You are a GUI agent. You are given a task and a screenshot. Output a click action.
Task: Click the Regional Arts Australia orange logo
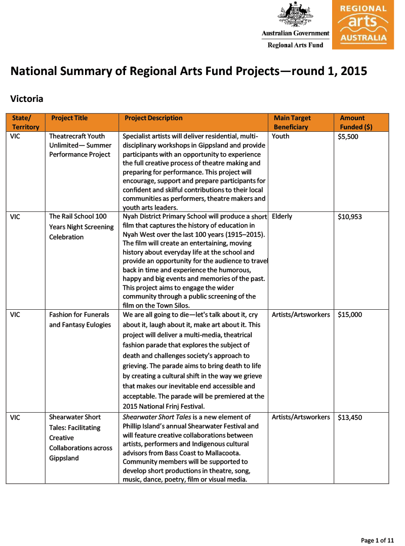(362, 24)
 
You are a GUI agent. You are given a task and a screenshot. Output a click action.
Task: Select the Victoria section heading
(27, 98)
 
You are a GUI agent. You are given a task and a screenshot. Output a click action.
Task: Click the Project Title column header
(69, 118)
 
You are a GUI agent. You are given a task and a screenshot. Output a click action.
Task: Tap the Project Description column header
(153, 118)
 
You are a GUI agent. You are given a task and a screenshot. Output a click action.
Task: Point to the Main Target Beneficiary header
(292, 122)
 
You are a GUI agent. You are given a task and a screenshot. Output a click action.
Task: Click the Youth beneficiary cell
(280, 136)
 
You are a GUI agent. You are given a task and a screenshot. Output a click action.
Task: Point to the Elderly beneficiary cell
(282, 216)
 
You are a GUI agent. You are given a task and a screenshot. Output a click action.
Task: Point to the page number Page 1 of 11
(377, 540)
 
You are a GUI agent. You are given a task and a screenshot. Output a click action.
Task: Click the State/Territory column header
(25, 122)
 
